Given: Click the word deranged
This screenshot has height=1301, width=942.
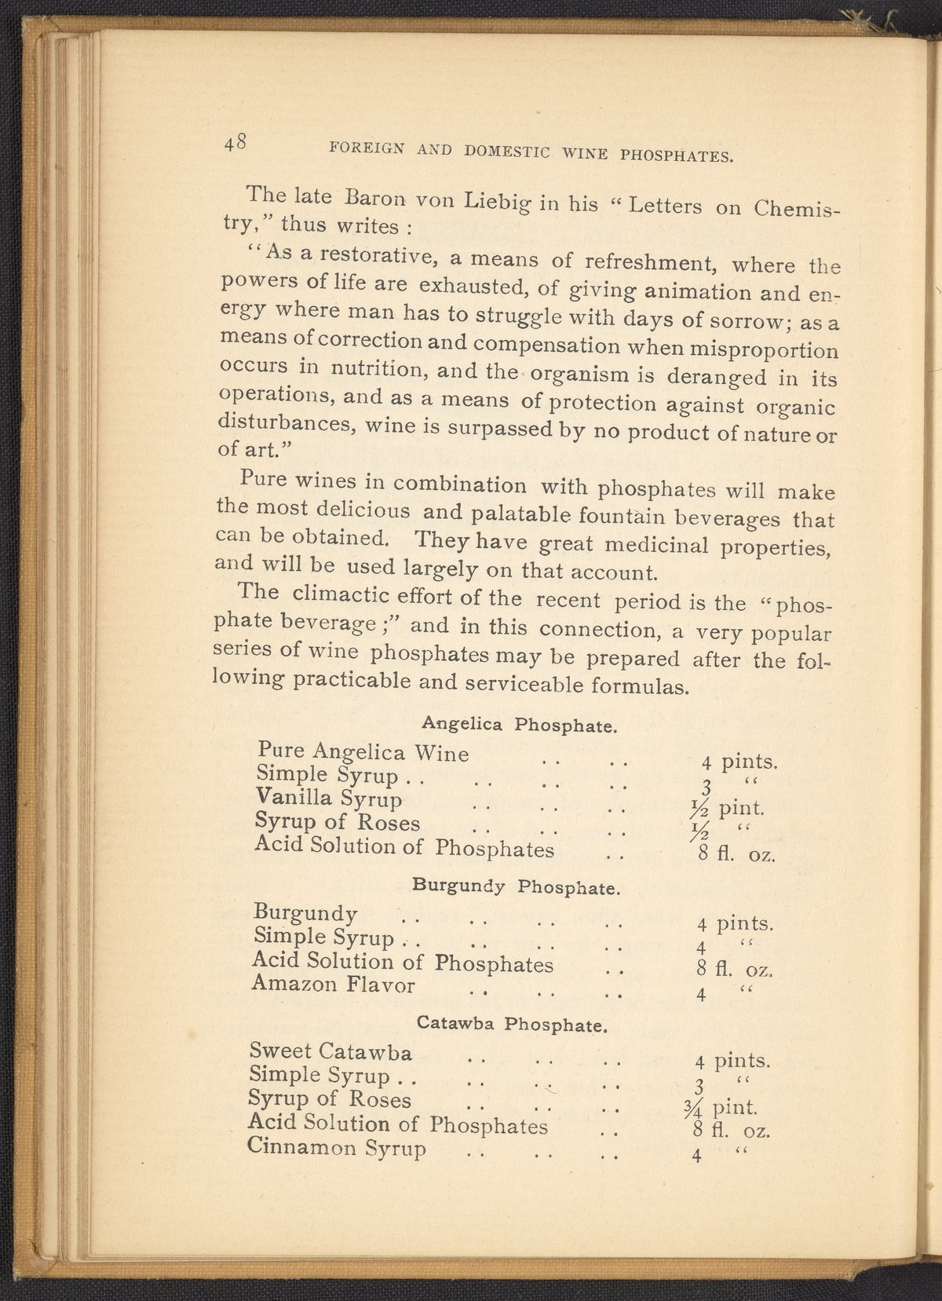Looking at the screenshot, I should pyautogui.click(x=716, y=376).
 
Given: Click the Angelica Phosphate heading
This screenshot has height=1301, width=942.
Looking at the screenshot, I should pyautogui.click(x=517, y=724).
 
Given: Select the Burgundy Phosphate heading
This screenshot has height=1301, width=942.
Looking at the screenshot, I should pyautogui.click(x=517, y=887).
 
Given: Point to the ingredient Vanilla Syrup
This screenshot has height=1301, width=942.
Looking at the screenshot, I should pyautogui.click(x=329, y=799).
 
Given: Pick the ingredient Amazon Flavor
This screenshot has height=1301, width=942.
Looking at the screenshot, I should pyautogui.click(x=333, y=984).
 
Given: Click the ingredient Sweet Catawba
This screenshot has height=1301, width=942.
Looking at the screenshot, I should pyautogui.click(x=330, y=1051).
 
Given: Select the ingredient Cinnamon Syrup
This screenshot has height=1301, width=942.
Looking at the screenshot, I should pyautogui.click(x=337, y=1148).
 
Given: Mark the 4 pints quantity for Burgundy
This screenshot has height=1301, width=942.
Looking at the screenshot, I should pyautogui.click(x=735, y=923).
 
